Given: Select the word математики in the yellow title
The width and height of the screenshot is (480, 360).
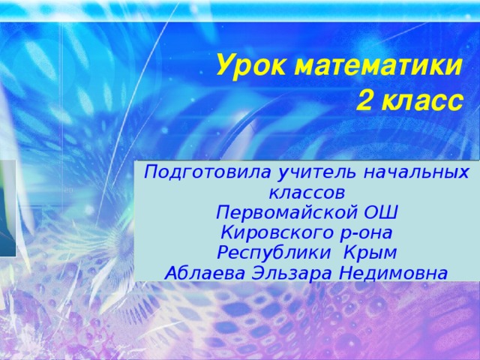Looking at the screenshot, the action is (377, 66).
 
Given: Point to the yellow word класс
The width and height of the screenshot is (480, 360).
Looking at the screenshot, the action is (421, 101).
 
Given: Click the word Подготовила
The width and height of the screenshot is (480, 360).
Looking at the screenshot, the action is (207, 172).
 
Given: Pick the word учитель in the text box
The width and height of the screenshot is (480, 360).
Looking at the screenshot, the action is (316, 172).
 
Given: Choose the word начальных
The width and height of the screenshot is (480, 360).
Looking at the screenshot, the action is (415, 172).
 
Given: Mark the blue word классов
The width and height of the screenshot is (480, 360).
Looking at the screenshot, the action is (307, 193).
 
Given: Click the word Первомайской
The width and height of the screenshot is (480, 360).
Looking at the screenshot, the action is (286, 212).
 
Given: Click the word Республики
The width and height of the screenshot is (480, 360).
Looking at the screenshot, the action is (274, 253).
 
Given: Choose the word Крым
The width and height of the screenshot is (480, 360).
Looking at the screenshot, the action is (370, 253).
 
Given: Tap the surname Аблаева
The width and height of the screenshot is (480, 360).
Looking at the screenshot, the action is (205, 273).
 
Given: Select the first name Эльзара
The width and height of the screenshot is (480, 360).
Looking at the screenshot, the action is (292, 274).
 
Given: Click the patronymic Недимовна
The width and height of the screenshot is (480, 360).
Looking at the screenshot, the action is (393, 273).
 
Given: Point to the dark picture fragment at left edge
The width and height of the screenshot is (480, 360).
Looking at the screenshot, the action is (8, 208).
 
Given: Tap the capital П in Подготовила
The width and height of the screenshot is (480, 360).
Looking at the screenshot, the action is (150, 172).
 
